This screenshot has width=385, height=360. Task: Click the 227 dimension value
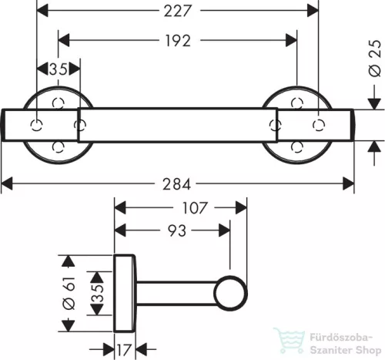(x=178, y=11)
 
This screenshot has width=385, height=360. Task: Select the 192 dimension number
(x=178, y=41)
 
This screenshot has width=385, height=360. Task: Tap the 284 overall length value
(x=177, y=184)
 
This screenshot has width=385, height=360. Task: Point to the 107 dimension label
(x=194, y=208)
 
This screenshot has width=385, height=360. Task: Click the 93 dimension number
(x=177, y=230)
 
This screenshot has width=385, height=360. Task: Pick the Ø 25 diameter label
(x=375, y=59)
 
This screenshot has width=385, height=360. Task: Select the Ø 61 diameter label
(x=69, y=293)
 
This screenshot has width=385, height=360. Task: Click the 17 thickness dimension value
(x=124, y=350)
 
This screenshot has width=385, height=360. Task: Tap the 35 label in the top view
(x=59, y=69)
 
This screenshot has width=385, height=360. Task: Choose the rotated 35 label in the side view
(x=98, y=293)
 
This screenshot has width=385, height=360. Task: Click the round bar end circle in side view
(x=230, y=293)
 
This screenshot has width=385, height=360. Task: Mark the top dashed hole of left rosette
(x=58, y=103)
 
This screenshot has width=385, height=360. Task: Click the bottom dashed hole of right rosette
(x=297, y=146)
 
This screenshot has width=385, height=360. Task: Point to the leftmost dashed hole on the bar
(x=36, y=125)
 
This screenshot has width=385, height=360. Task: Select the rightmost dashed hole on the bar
(x=319, y=125)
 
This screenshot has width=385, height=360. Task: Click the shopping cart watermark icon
(x=290, y=341)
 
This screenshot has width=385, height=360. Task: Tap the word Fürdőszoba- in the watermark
(x=341, y=338)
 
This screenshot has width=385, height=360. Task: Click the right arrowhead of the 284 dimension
(x=349, y=183)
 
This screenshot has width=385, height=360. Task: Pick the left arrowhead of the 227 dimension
(x=42, y=11)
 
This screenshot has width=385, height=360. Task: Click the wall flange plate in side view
(x=124, y=293)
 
